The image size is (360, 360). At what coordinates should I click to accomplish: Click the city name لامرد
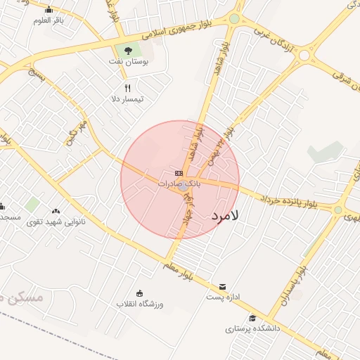[x=226, y=216]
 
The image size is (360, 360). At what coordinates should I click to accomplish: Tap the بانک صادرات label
[x=179, y=183]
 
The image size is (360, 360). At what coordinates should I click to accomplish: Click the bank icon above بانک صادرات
[x=179, y=173]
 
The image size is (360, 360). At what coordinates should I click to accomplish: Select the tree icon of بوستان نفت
[x=128, y=50]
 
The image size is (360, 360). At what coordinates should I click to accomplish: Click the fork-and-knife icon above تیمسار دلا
[x=127, y=88]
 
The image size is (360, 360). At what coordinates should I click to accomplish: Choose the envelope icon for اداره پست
[x=223, y=286]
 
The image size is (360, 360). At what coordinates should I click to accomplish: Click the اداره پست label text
[x=224, y=297]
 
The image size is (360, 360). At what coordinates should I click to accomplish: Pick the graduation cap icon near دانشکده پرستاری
[x=252, y=318]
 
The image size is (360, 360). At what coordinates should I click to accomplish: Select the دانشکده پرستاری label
[x=252, y=328]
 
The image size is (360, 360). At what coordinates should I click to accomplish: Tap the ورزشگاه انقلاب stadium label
[x=140, y=304]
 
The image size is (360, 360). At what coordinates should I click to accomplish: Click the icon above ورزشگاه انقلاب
[x=139, y=293]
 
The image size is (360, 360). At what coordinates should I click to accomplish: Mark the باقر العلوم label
[x=49, y=20]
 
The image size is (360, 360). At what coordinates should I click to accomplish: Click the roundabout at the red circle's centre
[x=183, y=186]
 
